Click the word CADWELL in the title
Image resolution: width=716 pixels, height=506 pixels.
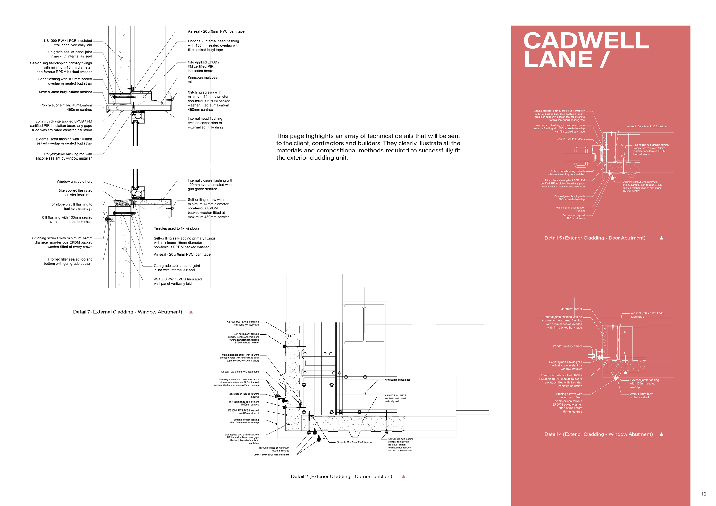(x=586, y=41)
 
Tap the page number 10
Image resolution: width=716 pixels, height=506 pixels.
(x=704, y=494)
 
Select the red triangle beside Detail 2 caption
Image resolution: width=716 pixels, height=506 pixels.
(x=403, y=476)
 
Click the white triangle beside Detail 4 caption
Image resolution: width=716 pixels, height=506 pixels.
(x=661, y=434)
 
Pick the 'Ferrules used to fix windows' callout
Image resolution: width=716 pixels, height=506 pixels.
(x=176, y=228)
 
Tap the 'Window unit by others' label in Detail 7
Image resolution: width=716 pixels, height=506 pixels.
(x=75, y=182)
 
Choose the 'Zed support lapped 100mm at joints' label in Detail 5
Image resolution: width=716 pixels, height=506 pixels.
(x=574, y=217)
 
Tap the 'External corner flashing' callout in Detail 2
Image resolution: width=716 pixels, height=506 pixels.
(x=244, y=421)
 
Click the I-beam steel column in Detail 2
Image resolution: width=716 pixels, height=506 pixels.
(x=364, y=324)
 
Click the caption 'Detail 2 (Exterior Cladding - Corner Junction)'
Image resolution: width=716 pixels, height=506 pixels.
(x=341, y=476)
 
